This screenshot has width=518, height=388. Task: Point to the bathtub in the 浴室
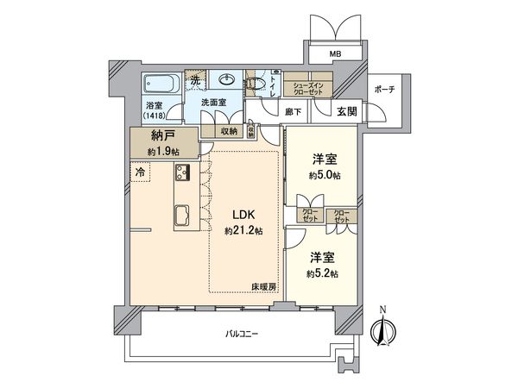click(161, 84)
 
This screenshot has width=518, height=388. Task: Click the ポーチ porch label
click(384, 90)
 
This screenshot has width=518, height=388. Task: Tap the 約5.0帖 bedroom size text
click(324, 175)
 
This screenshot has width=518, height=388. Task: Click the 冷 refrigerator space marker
click(141, 172)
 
